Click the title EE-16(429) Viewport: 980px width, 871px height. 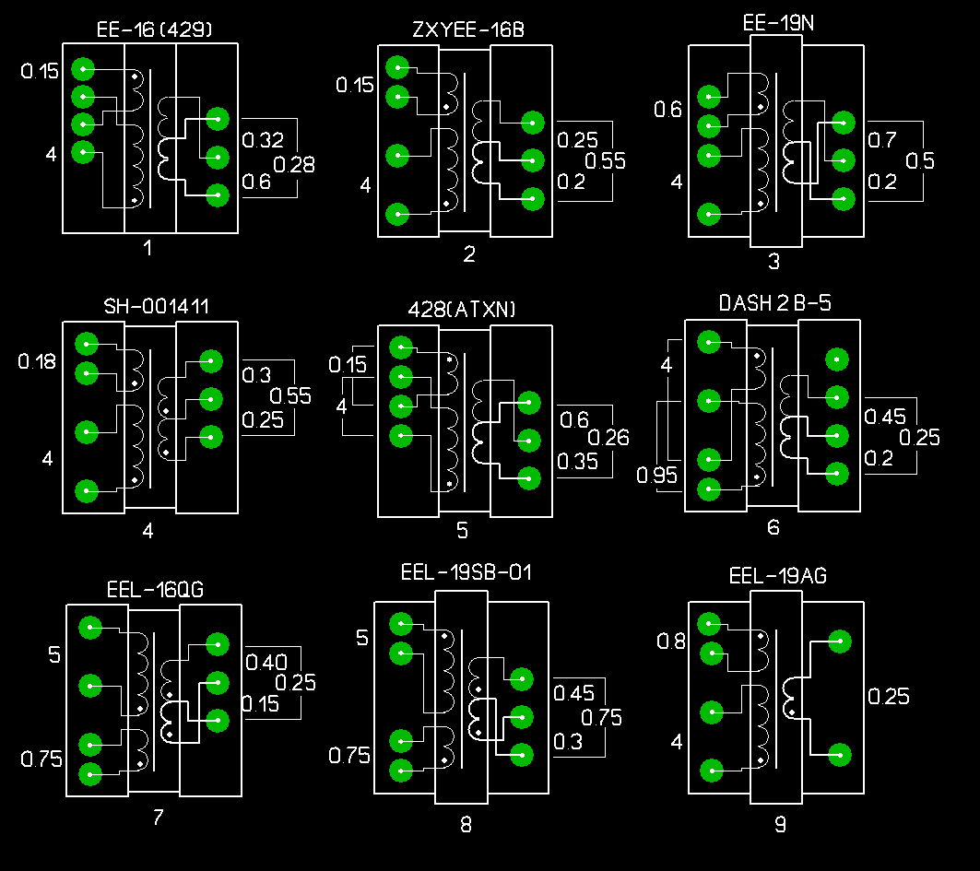point(155,29)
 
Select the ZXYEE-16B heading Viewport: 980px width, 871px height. point(468,29)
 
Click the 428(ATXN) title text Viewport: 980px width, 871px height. point(462,310)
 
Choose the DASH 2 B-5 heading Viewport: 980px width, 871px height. point(774,303)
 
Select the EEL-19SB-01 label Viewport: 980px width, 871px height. point(466,573)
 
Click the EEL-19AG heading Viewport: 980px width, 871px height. point(778,577)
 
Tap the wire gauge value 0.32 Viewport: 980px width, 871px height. point(263,140)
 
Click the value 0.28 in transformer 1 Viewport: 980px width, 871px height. point(295,165)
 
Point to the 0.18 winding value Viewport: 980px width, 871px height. point(38,362)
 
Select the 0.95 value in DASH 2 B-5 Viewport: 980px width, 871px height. point(656,476)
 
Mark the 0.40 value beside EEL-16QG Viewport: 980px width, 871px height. point(266,662)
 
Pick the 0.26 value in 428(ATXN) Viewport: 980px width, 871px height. point(608,437)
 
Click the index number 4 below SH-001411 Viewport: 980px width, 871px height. point(148,531)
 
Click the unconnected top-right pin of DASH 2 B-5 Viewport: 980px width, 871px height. point(836,359)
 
